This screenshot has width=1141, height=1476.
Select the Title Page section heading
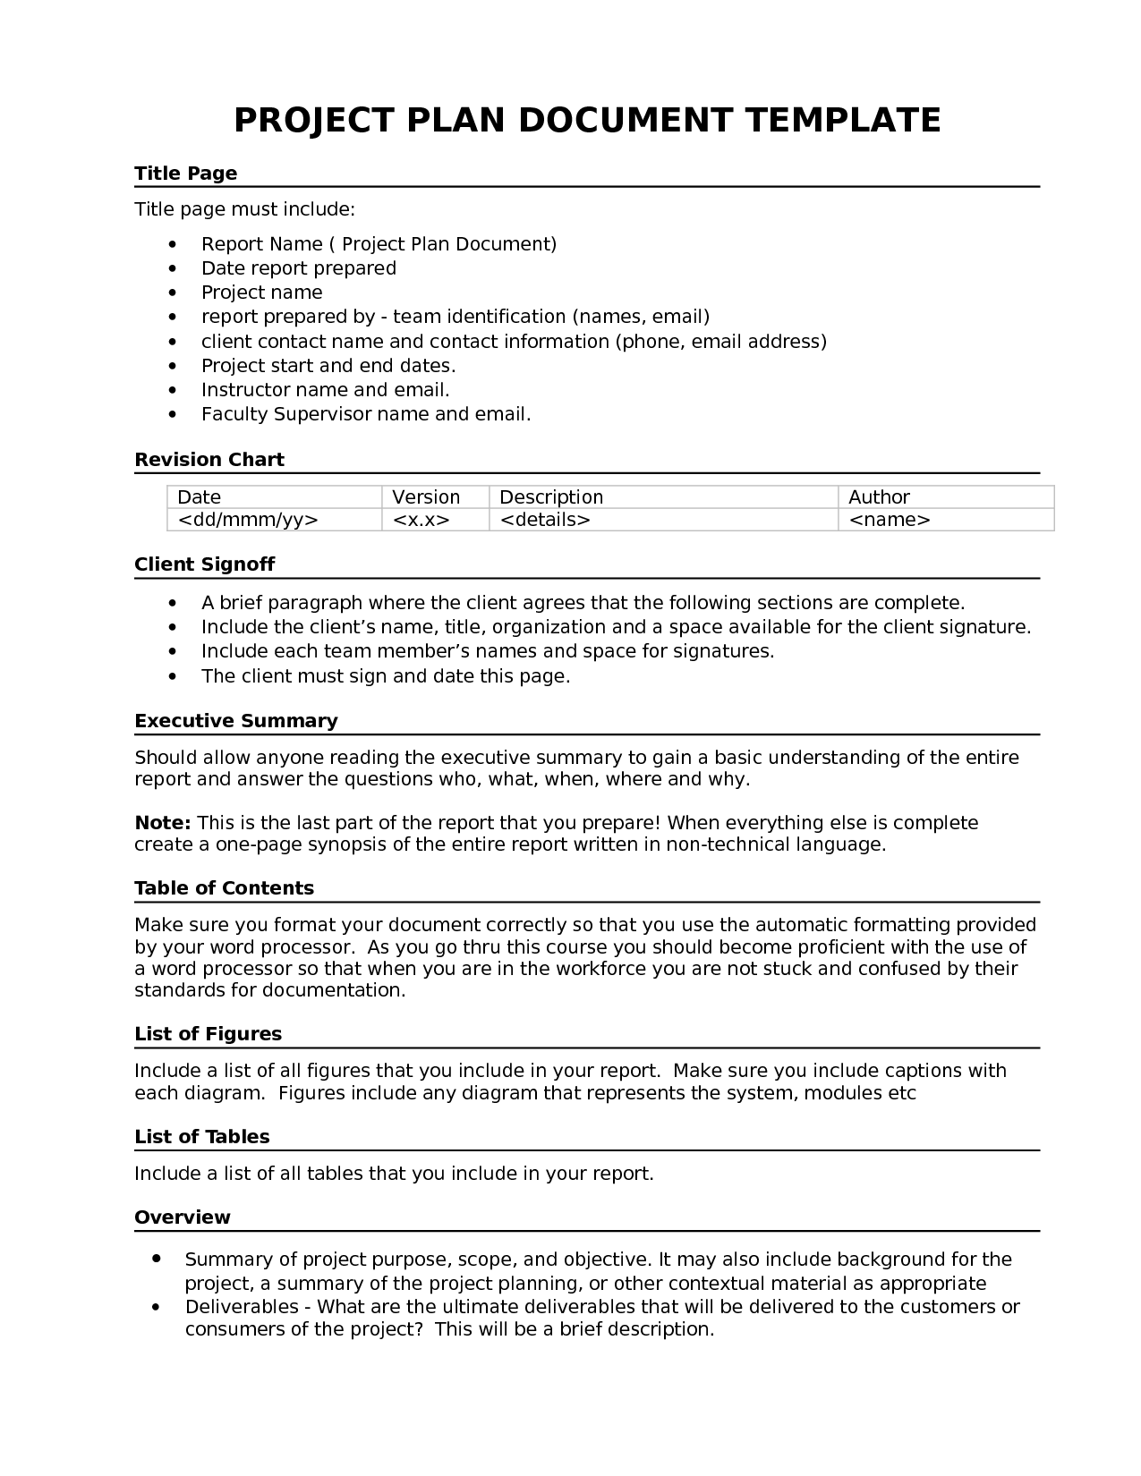[x=185, y=174]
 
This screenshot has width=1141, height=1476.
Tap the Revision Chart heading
[x=209, y=460]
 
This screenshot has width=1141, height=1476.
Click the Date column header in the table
[x=199, y=497]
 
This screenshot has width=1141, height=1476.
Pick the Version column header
[x=426, y=497]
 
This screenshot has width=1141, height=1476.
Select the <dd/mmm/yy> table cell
[x=248, y=520]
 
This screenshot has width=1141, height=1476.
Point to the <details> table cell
[x=544, y=520]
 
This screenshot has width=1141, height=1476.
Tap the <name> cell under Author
[x=889, y=520]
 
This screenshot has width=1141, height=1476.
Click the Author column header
[x=879, y=497]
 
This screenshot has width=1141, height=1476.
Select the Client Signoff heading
[x=204, y=564]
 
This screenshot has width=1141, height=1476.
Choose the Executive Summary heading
[x=235, y=721]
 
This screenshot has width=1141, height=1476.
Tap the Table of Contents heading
[x=224, y=888]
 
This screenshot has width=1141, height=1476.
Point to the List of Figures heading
[x=208, y=1034]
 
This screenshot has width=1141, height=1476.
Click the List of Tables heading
[x=201, y=1137]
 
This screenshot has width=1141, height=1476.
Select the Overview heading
[x=182, y=1217]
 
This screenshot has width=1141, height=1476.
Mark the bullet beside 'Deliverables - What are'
[x=157, y=1307]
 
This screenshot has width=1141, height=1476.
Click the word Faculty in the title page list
[x=234, y=414]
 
